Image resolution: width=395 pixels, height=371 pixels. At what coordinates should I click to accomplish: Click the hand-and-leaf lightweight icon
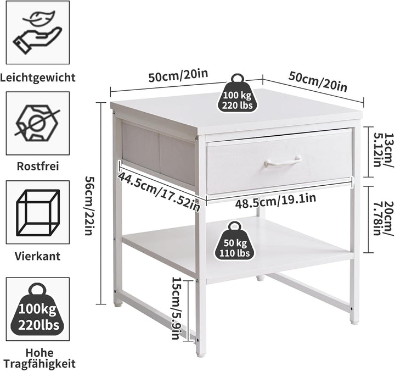click(x=38, y=32)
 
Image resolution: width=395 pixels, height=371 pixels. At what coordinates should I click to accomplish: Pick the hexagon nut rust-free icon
click(x=37, y=123)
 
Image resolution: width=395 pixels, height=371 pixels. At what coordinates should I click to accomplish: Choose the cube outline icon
click(x=38, y=213)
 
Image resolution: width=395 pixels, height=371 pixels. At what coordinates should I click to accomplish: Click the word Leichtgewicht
click(x=38, y=77)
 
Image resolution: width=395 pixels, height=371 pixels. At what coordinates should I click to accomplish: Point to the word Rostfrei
click(x=38, y=167)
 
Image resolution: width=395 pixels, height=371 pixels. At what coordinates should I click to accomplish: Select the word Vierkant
click(x=37, y=256)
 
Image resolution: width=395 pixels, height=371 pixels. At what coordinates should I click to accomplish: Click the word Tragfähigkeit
click(x=39, y=364)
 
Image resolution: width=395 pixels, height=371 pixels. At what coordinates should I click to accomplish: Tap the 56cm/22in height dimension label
click(x=89, y=206)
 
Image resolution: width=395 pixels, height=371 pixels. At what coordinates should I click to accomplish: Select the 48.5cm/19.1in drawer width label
click(x=275, y=201)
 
